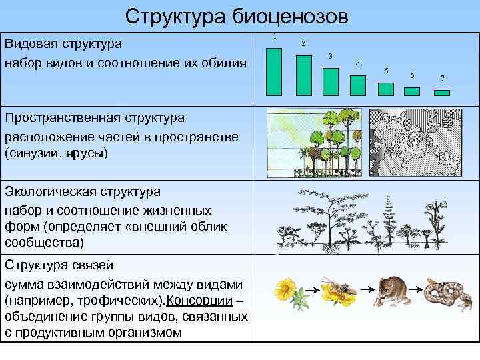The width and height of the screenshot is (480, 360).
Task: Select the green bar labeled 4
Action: (358, 85)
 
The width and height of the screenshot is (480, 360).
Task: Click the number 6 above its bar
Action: (412, 75)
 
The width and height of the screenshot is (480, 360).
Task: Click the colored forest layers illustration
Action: (315, 143)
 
